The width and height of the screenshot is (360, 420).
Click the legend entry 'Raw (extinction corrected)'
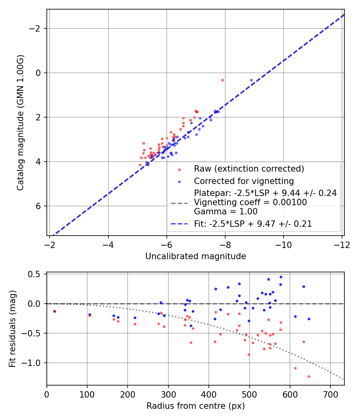[x=249, y=169]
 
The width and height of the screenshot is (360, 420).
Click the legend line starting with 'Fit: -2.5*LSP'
[x=253, y=224]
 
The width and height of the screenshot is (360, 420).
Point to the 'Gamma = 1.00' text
[x=226, y=212]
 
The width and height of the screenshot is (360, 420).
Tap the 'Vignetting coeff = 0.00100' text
[x=250, y=202]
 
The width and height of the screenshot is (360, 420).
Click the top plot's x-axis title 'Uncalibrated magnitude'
[x=195, y=256]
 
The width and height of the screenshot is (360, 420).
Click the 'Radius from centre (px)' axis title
[x=195, y=406]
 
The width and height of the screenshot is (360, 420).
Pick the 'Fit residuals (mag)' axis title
[x=12, y=329]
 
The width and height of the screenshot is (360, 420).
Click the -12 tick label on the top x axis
[x=342, y=244]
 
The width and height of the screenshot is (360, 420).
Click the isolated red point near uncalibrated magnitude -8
[x=222, y=80]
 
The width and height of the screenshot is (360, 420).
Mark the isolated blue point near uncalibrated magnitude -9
[x=251, y=80]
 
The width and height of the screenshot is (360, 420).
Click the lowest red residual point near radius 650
[x=309, y=376]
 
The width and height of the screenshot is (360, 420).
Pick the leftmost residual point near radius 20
[x=54, y=311]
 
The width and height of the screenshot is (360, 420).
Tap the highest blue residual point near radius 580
[x=281, y=277]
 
